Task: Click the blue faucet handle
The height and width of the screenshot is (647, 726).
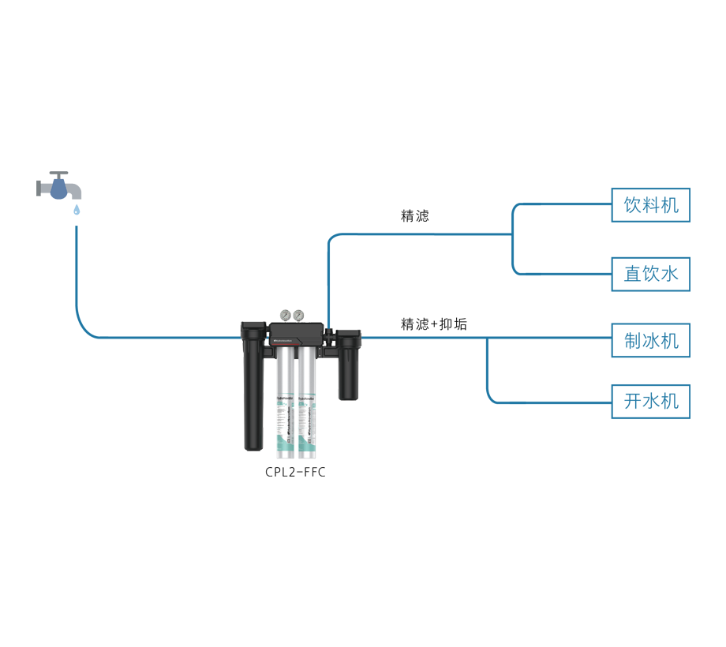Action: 58,188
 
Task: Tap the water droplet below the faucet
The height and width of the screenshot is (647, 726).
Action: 76,211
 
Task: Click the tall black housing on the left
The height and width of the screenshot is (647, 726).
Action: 252,387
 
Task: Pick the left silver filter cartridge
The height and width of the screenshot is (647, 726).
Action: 283,402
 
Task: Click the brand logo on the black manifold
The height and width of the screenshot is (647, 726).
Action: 282,340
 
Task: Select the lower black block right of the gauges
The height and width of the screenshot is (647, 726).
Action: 434,303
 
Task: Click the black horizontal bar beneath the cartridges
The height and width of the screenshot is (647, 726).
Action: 295,473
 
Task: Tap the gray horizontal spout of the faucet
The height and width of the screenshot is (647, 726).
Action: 73,192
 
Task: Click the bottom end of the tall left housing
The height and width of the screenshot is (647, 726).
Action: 252,446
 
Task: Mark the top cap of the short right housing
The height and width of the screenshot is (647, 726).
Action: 349,338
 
